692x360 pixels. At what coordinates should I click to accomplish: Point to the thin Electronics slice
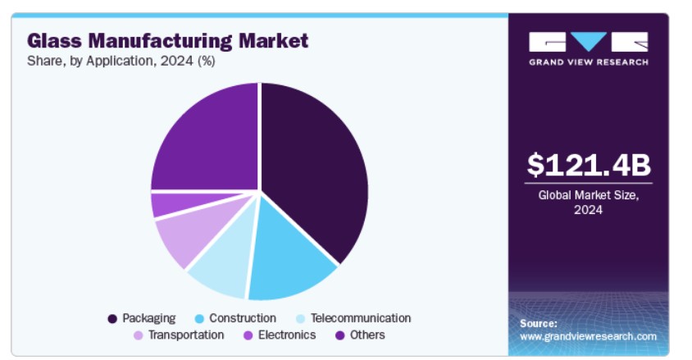point(176,204)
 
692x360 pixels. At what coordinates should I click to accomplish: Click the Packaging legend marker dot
point(112,318)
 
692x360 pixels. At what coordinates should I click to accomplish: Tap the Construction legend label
point(243,318)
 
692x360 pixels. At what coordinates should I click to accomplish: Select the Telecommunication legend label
point(361,318)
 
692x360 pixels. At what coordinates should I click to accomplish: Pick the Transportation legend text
point(186,335)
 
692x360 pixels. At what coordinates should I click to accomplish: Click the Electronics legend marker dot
point(248,335)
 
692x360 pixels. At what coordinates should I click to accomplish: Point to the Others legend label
point(367,335)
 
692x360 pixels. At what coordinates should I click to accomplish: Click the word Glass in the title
point(54,40)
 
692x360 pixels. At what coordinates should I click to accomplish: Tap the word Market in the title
point(273,40)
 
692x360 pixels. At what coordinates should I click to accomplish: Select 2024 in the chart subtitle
point(176,61)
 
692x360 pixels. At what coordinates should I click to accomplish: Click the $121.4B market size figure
point(589,165)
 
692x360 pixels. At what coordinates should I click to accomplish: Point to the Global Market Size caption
point(589,202)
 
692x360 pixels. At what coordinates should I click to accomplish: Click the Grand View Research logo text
point(589,62)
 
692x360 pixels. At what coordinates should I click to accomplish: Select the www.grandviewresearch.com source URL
point(588,336)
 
